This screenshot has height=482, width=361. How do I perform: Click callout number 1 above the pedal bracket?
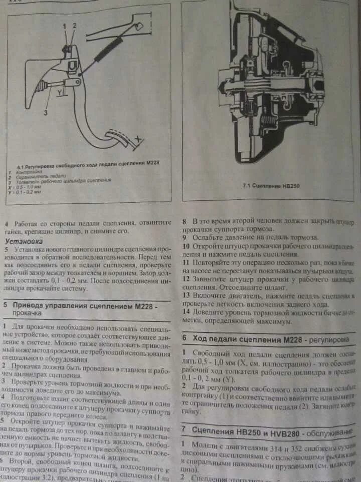point(64,25)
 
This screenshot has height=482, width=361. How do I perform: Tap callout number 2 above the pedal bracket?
point(75,25)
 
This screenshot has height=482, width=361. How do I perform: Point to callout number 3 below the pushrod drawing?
point(45,113)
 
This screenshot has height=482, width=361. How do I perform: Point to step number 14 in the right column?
point(186,311)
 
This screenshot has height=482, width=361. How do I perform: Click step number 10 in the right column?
point(186,246)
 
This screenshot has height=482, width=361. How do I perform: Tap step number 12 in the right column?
point(186,278)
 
